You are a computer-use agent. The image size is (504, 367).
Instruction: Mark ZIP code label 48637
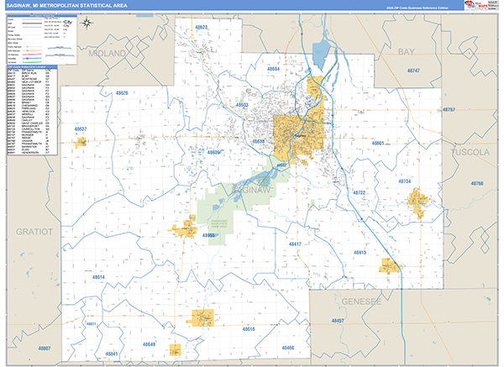[x=81, y=128]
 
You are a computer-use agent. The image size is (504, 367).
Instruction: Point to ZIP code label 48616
[x=249, y=329]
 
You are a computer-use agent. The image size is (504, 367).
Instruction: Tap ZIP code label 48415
[x=360, y=252]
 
